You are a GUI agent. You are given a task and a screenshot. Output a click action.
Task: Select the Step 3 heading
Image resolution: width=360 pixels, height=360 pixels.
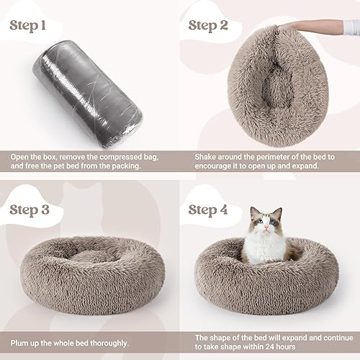[x=37, y=210]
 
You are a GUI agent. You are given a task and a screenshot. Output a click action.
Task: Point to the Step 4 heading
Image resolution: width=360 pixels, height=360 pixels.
[x=217, y=210]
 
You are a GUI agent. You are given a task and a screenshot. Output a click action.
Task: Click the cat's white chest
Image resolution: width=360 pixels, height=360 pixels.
[x=265, y=248]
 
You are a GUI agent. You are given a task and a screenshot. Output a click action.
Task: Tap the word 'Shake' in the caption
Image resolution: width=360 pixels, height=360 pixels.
[x=209, y=156]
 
